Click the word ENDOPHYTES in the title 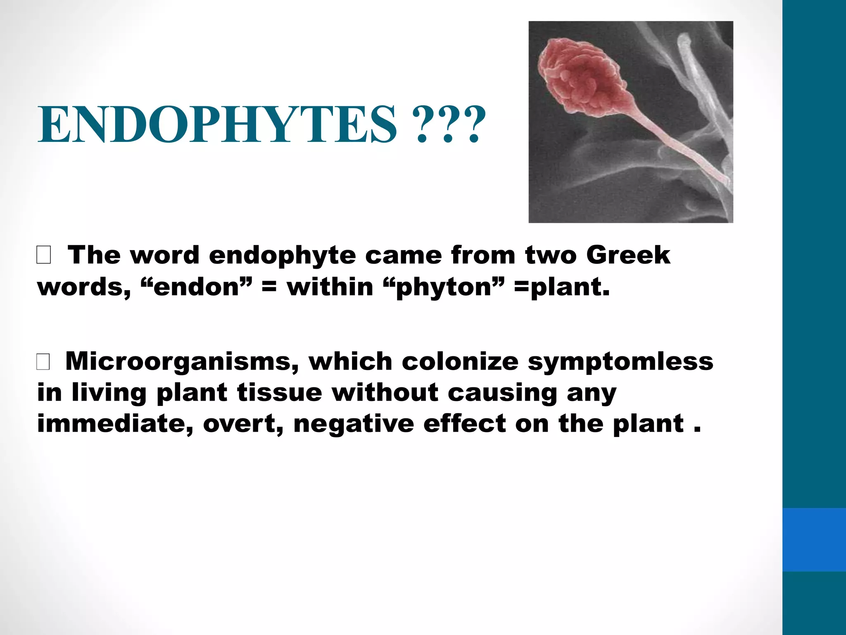pyautogui.click(x=217, y=124)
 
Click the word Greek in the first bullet pyautogui.click(x=628, y=255)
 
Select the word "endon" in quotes pyautogui.click(x=196, y=286)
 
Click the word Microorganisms pyautogui.click(x=182, y=361)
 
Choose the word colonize pyautogui.click(x=460, y=361)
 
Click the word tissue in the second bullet pyautogui.click(x=279, y=392)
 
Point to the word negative pyautogui.click(x=354, y=425)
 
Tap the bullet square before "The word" pyautogui.click(x=44, y=255)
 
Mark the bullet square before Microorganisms pyautogui.click(x=43, y=362)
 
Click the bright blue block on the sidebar pyautogui.click(x=814, y=540)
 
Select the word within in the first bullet pyautogui.click(x=330, y=286)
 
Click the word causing pyautogui.click(x=503, y=393)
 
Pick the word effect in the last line pyautogui.click(x=465, y=424)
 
